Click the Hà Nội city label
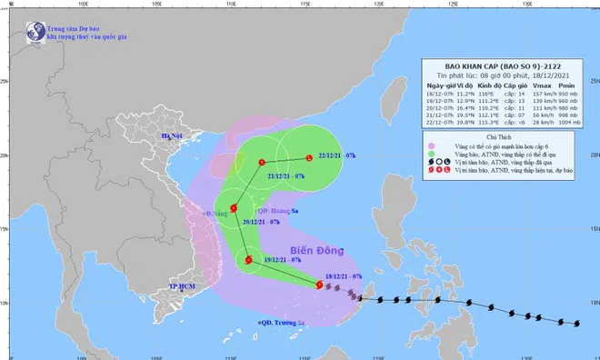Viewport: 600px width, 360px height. coord(173,136)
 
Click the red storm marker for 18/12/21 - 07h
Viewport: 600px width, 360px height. coord(319,285)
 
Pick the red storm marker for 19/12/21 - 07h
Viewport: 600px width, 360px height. coord(248,261)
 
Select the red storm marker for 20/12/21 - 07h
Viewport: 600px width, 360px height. coord(234,208)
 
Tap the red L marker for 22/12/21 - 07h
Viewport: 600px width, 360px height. coord(309,156)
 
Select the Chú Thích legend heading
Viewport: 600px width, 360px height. coord(501,136)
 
